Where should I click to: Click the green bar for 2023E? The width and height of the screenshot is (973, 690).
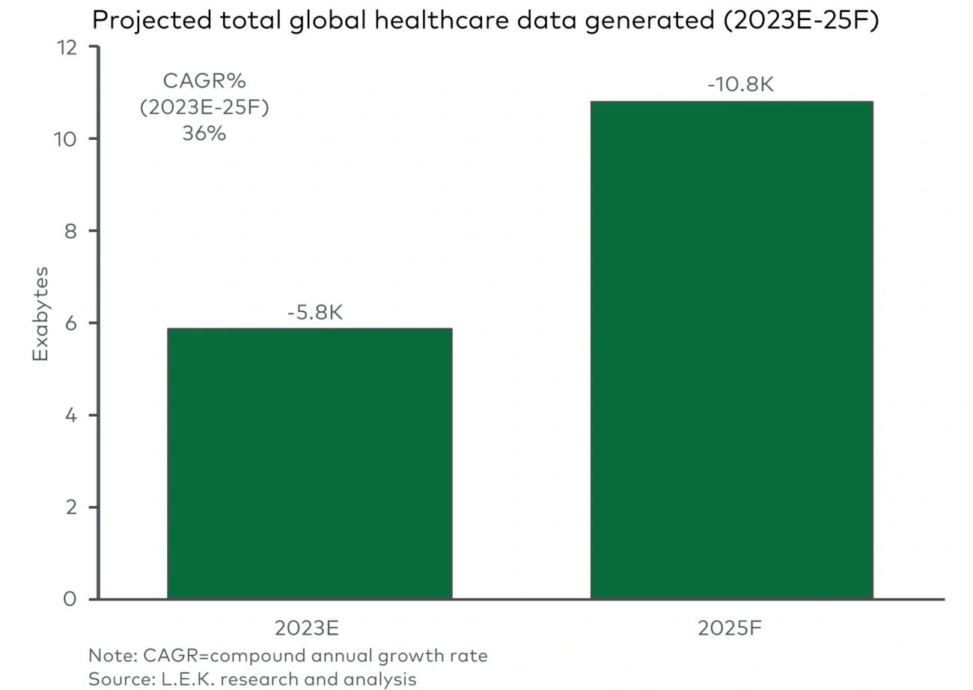(309, 463)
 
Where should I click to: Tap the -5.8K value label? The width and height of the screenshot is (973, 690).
(314, 312)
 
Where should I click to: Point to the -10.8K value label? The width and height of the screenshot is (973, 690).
(739, 85)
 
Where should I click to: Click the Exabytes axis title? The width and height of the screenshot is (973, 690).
(40, 314)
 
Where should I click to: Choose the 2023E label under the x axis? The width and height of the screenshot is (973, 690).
(309, 628)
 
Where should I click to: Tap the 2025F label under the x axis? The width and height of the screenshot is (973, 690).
(731, 628)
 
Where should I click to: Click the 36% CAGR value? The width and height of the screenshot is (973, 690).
(204, 135)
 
